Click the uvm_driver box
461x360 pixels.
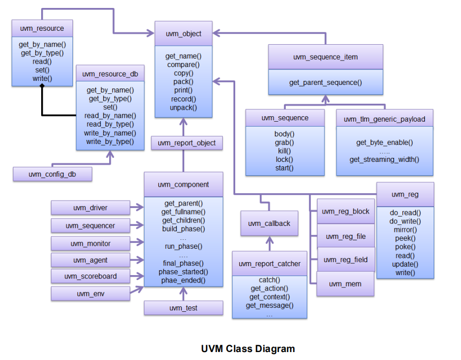pos(90,208)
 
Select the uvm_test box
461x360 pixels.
pos(184,308)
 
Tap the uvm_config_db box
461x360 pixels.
pos(53,174)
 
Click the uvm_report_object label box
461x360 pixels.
pos(187,143)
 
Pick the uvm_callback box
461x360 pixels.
pos(269,223)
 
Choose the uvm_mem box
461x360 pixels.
pos(345,284)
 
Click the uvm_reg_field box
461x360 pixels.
pos(345,260)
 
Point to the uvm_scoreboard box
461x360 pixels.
pos(90,276)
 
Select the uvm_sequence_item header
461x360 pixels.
pos(326,57)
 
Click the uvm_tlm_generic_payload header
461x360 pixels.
pos(384,119)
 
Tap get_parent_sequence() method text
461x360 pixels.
pos(326,82)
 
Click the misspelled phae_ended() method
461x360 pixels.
pos(184,281)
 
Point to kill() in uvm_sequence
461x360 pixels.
pos(284,151)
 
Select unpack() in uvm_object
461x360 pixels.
pos(184,107)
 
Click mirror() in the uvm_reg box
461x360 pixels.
pos(405,230)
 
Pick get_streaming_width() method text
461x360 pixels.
pos(384,159)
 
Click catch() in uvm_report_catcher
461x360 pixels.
pos(269,280)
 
